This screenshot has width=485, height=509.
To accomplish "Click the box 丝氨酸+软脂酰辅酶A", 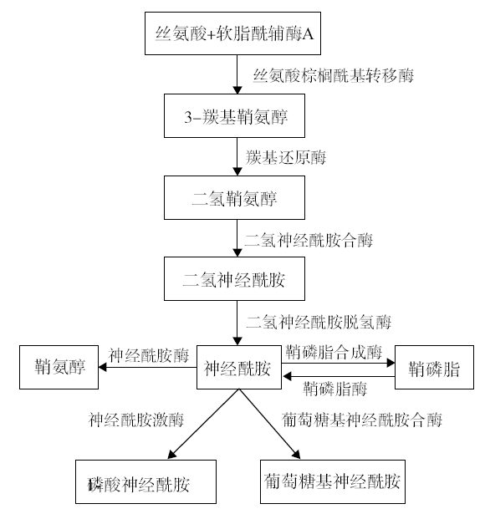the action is (232, 33).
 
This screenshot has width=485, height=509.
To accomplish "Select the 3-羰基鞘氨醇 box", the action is (234, 116).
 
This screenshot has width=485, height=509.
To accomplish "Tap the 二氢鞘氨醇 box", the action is (234, 198).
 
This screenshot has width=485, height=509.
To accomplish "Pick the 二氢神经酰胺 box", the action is (234, 279).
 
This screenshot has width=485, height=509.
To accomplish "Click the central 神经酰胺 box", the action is (239, 367).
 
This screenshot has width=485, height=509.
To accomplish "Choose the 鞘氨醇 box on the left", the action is (59, 367).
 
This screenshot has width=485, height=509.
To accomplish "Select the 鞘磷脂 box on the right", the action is (434, 367).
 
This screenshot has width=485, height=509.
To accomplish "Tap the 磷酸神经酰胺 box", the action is (145, 481).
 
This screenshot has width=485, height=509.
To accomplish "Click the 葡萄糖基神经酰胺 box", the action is (333, 481).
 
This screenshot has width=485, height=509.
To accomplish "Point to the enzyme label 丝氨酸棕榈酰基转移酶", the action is (334, 76).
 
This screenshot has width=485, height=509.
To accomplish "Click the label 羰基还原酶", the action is (285, 157).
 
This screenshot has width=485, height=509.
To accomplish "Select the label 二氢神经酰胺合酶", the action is (309, 240).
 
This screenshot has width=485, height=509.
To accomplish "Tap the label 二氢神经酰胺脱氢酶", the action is (319, 322).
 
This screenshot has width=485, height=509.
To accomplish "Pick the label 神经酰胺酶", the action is (149, 355).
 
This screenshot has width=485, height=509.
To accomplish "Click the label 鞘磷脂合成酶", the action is (334, 352).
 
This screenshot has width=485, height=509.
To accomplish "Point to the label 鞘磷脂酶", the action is (335, 389).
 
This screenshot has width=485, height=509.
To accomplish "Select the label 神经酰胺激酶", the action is (135, 420).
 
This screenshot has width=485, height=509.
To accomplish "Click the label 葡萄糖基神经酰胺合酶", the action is (361, 420).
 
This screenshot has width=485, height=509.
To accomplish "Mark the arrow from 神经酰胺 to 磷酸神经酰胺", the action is (204, 424).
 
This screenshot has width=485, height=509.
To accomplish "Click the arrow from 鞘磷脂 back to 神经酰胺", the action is (339, 377).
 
